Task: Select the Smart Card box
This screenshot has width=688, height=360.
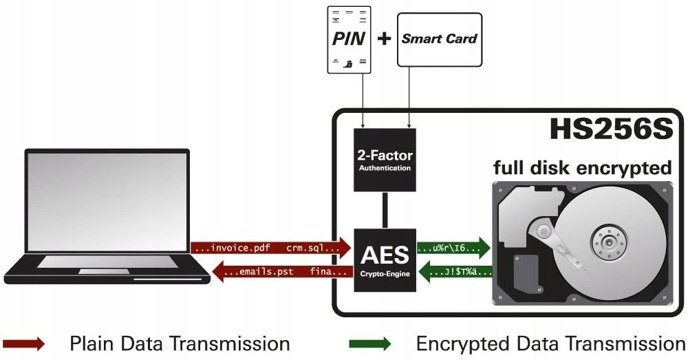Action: [x=439, y=39]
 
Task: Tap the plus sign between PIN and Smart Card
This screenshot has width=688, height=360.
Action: [x=385, y=39]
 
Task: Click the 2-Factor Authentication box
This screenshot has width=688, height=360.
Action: [x=385, y=159]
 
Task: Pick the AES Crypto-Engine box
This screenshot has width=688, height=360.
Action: [x=385, y=260]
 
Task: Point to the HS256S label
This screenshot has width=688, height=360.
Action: [x=610, y=129]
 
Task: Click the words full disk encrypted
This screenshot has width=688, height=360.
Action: [x=582, y=167]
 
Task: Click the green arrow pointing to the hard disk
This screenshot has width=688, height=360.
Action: [x=453, y=248]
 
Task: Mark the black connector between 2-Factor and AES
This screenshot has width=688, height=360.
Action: [x=385, y=210]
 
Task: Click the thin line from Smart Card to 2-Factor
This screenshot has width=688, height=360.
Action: [x=409, y=96]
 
